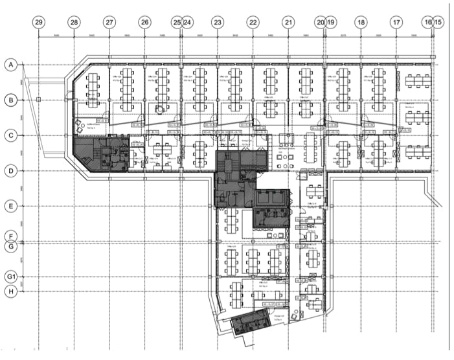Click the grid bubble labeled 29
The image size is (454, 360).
39,22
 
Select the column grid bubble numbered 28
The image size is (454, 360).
74,22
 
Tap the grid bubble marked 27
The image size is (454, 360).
109,22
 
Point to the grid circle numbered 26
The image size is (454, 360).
144,22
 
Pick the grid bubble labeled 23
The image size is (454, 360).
218,22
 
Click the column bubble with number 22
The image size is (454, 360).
253,22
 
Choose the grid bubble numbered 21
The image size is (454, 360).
288,22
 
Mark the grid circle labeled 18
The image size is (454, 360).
361,22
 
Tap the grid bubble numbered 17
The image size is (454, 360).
396,22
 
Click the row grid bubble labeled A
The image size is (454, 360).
10,65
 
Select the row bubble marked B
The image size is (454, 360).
10,100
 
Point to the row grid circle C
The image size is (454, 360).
10,135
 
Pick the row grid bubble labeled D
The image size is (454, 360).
10,171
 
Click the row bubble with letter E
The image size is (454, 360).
10,207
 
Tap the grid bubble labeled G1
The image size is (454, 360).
10,277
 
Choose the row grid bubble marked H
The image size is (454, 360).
10,292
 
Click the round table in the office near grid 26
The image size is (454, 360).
159,109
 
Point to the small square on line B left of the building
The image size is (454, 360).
39,100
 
